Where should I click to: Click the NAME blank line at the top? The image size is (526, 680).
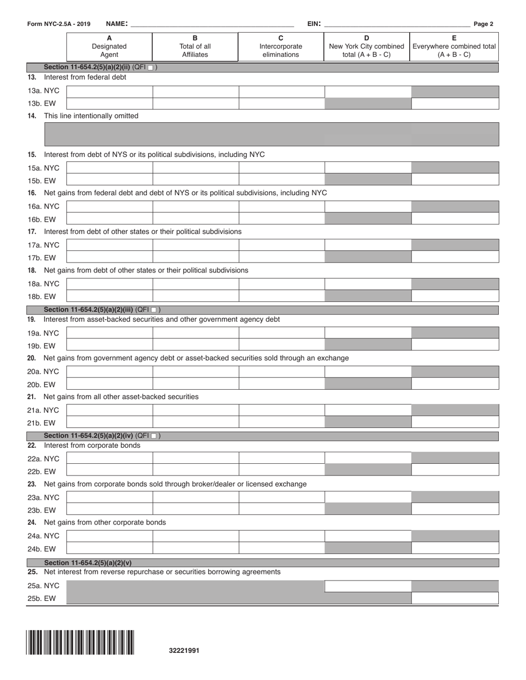(x=212, y=25)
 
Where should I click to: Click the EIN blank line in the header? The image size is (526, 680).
(x=396, y=25)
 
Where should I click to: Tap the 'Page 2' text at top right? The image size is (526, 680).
(x=483, y=24)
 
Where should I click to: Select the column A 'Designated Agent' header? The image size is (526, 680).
(x=109, y=46)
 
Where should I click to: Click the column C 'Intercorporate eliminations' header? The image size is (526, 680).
(x=281, y=46)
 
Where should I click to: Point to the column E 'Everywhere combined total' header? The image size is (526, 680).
(x=454, y=46)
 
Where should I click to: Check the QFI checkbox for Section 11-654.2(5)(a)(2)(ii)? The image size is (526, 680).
(x=151, y=67)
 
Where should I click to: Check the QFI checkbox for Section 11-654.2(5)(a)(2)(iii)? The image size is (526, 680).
(x=154, y=310)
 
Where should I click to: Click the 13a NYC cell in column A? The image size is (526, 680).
(x=110, y=91)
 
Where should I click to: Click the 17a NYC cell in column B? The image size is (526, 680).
(x=195, y=245)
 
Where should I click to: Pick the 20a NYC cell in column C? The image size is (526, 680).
(x=281, y=372)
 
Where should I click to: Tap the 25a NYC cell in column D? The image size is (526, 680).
(x=368, y=586)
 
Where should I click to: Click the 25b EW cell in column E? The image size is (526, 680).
(x=455, y=598)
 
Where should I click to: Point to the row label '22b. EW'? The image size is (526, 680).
(x=42, y=472)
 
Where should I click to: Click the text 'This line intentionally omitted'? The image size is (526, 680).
(x=91, y=116)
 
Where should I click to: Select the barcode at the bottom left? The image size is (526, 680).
(x=80, y=642)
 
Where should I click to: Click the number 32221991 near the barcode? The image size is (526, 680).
(x=184, y=651)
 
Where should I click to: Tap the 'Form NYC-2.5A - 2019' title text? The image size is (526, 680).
(x=58, y=24)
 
